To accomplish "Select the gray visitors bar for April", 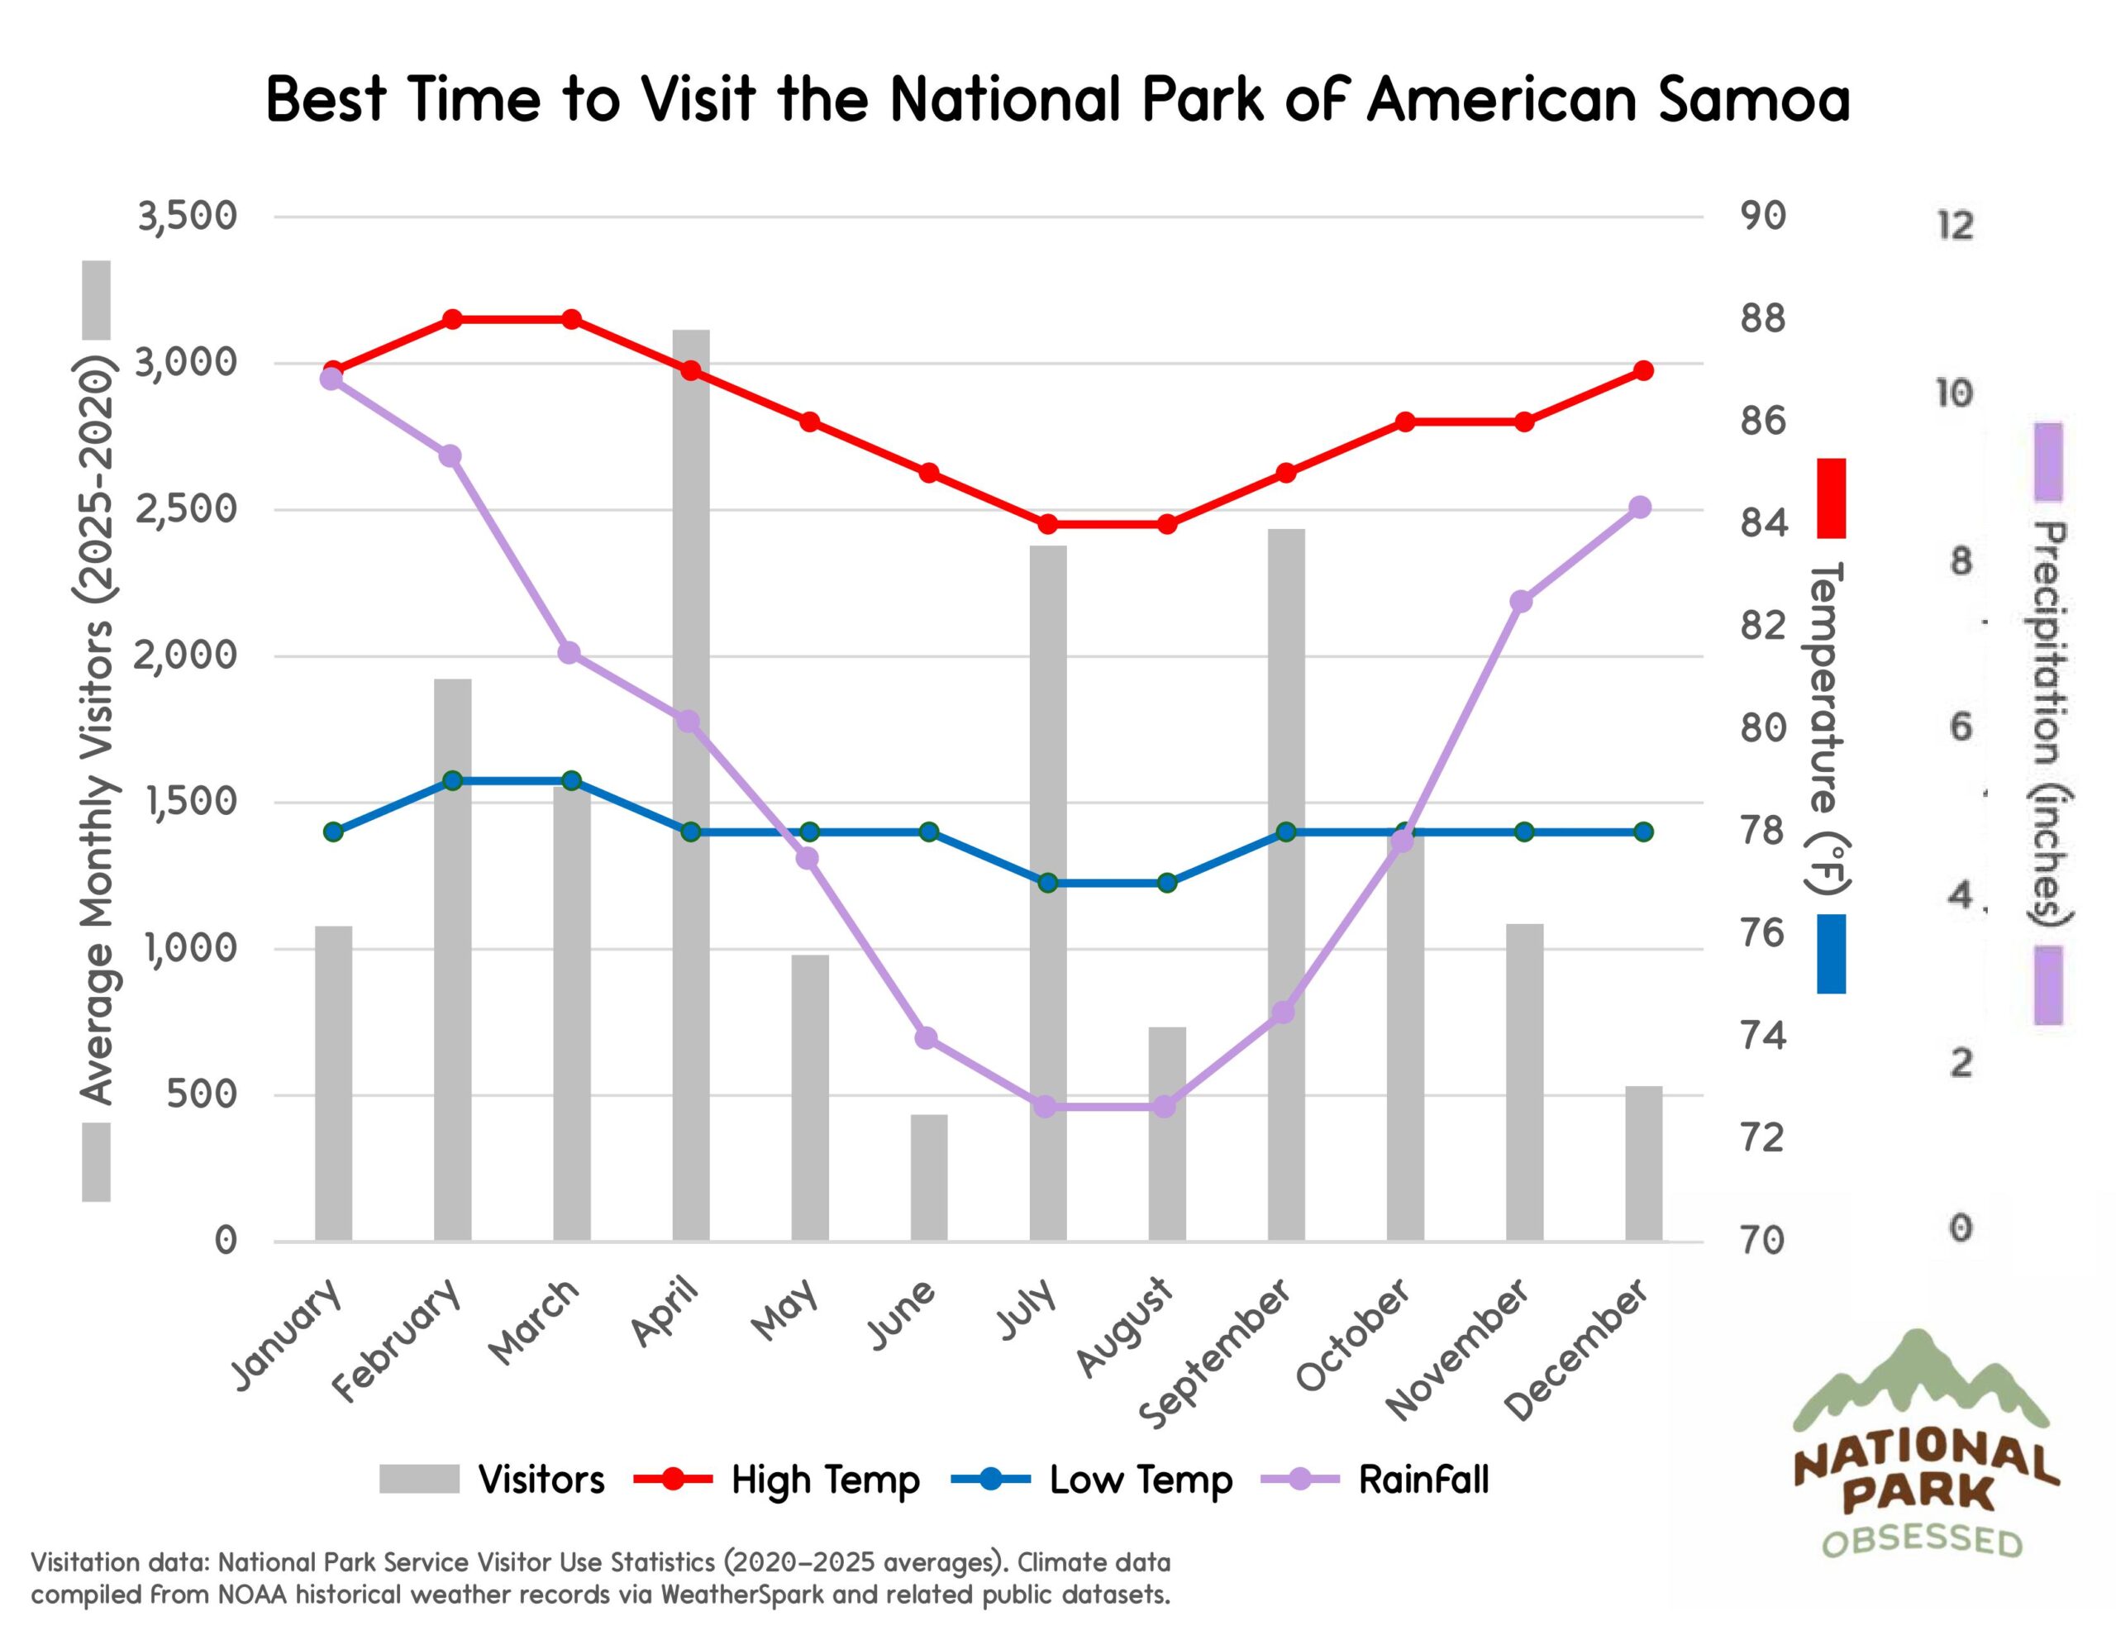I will click(691, 785).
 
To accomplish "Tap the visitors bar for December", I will click(1643, 1163).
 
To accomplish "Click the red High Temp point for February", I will click(452, 319).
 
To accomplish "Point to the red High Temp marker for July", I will click(1047, 524).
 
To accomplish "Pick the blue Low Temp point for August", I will click(1166, 883).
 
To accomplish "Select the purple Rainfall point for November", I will click(1521, 602).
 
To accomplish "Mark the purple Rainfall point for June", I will click(927, 1038).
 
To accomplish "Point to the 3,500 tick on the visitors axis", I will click(187, 216).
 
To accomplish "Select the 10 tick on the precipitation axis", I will click(1954, 393).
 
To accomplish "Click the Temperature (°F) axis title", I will click(1828, 727).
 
